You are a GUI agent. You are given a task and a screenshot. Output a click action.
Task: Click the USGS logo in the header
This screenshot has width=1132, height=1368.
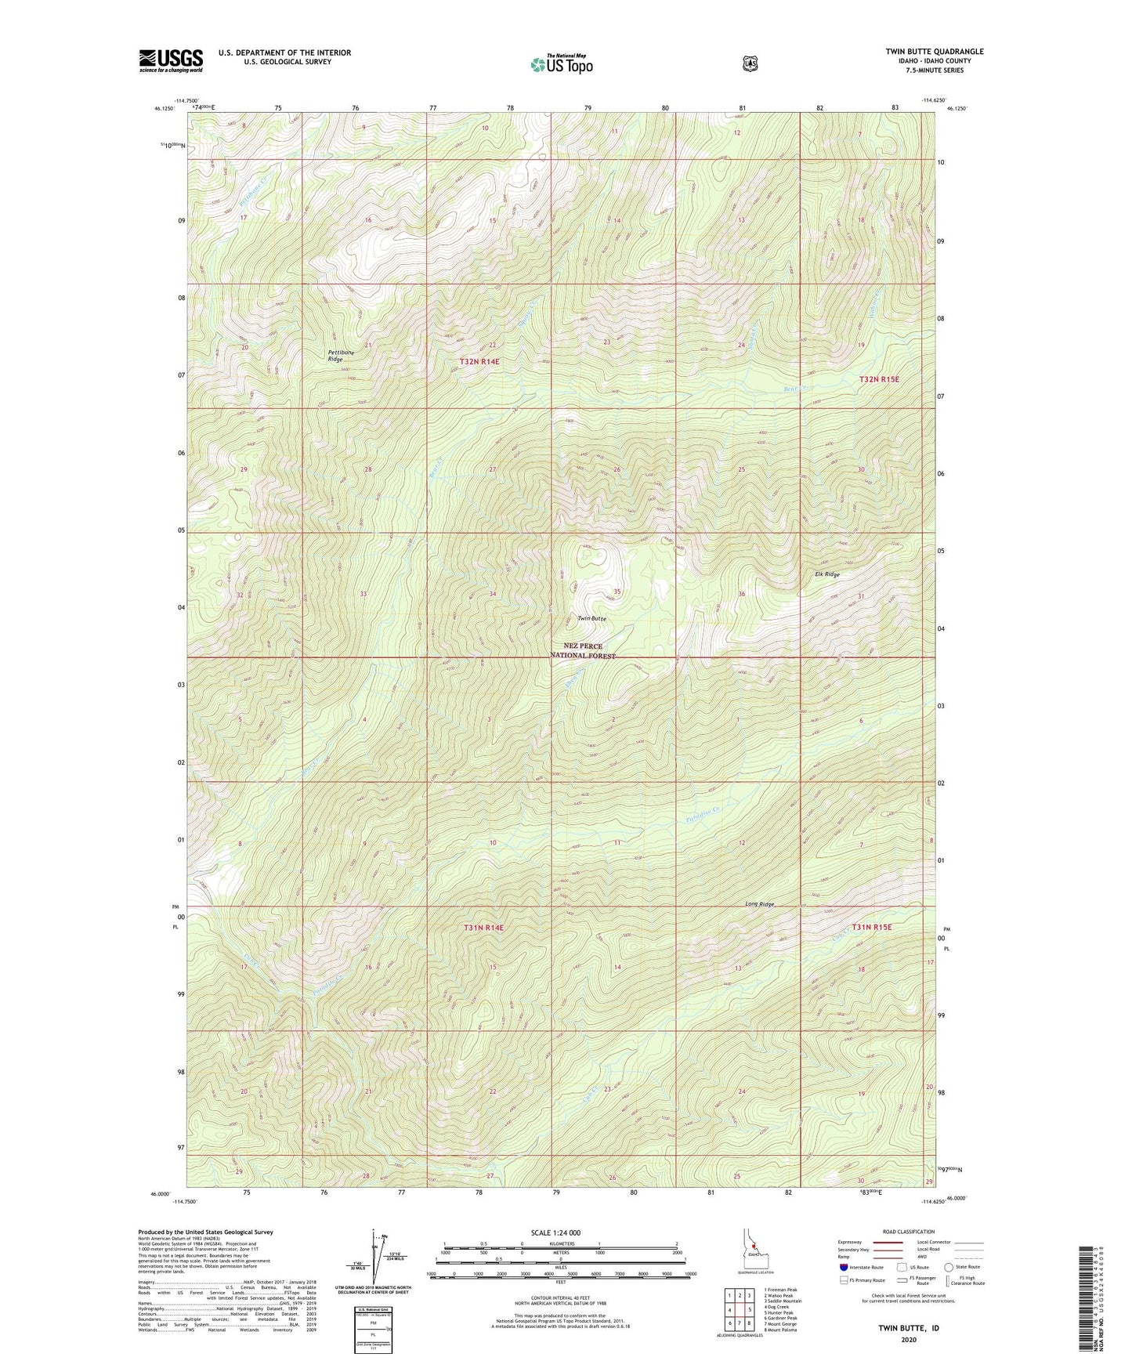point(171,60)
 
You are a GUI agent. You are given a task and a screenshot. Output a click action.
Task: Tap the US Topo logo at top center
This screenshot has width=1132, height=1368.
point(560,64)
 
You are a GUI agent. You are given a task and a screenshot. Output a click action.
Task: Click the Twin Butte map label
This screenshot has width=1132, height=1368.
point(591,619)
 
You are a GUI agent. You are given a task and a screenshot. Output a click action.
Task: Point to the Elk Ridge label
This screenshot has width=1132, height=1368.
point(826,574)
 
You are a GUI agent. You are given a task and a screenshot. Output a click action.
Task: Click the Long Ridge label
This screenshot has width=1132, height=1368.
point(759,904)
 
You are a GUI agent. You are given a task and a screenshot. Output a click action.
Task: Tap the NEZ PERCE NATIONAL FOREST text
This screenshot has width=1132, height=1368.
point(583,651)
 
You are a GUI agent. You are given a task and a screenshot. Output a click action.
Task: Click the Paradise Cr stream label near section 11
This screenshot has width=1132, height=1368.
point(702,816)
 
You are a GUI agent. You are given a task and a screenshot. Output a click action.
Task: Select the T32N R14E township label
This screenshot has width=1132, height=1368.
point(479,361)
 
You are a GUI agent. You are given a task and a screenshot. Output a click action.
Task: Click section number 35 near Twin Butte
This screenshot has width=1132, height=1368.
point(617,592)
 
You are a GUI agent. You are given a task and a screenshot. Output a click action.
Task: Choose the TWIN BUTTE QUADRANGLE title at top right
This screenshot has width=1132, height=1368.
point(934,52)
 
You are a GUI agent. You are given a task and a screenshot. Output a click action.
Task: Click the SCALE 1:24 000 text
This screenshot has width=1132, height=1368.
point(555,1232)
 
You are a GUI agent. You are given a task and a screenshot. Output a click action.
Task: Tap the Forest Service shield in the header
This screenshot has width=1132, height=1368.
point(750,63)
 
